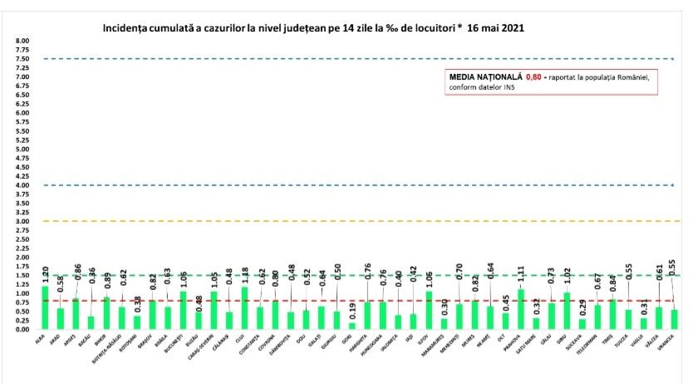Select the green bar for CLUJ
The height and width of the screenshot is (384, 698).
click(x=244, y=308)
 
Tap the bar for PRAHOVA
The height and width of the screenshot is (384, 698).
click(x=522, y=309)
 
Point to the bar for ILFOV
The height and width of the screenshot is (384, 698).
click(x=429, y=310)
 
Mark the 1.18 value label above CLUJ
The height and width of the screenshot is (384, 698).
click(x=245, y=275)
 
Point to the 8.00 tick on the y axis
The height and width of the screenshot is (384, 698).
click(x=22, y=41)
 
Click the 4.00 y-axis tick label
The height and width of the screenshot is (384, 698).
click(x=22, y=185)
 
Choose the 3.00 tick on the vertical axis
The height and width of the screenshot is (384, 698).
click(x=22, y=221)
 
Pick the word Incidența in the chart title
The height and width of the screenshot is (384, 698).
click(x=126, y=27)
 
